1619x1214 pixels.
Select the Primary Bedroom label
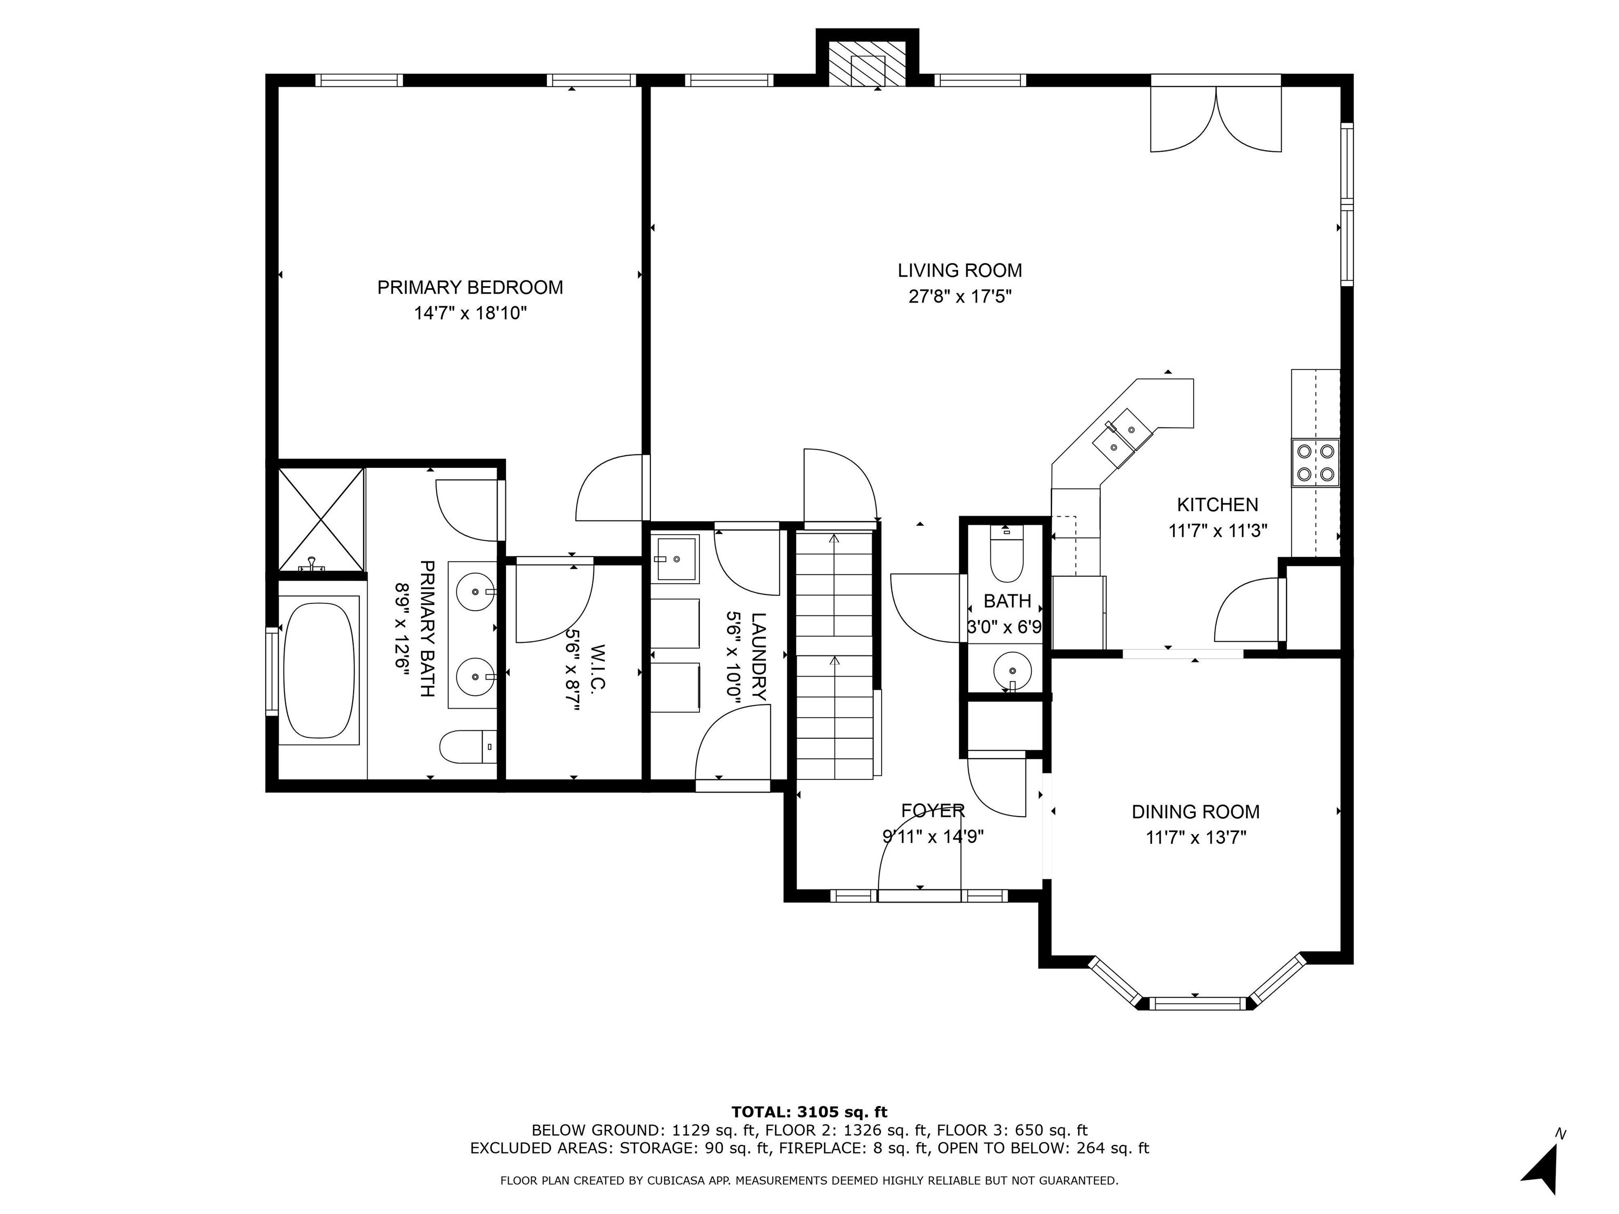click(x=470, y=288)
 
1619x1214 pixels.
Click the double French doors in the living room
click(x=1216, y=117)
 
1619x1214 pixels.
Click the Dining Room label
click(x=1195, y=811)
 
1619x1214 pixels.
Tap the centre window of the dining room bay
click(x=1195, y=1003)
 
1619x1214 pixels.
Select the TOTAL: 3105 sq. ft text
click(x=809, y=1112)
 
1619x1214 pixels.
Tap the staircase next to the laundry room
click(x=834, y=655)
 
